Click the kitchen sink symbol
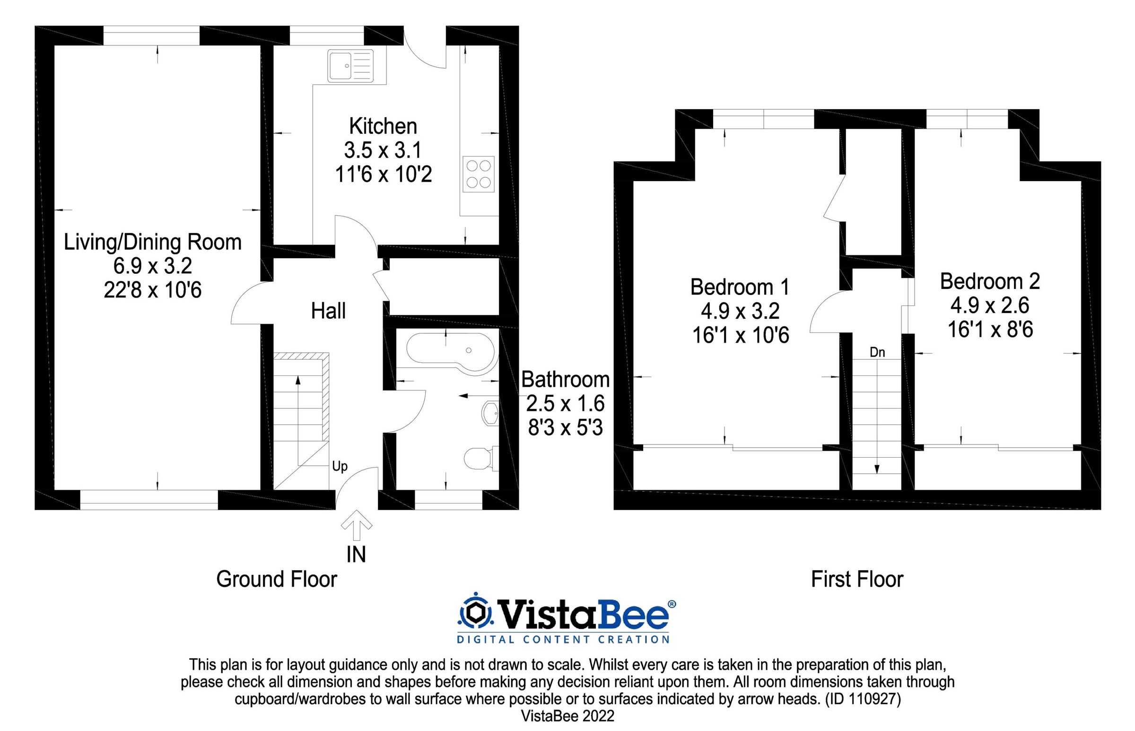tap(350, 66)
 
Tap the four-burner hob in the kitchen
tap(478, 174)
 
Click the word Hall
tap(328, 312)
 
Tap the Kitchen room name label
tap(383, 126)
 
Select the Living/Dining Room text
tap(152, 242)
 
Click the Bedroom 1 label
tap(740, 287)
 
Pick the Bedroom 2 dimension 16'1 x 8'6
tap(990, 330)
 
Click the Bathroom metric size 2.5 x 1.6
tap(565, 403)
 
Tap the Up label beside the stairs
tap(340, 466)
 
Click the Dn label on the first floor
tap(877, 352)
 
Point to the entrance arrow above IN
tap(357, 525)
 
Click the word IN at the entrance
tap(356, 555)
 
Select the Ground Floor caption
tap(276, 580)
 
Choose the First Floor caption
tap(857, 580)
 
